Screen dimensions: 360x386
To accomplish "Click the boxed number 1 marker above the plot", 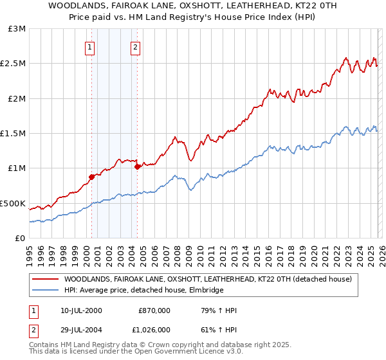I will coord(89,46).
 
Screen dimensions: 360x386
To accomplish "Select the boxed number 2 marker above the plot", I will coord(136,46).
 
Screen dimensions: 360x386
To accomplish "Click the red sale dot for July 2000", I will coord(91,177).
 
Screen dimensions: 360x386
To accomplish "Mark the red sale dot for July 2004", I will coord(137,166).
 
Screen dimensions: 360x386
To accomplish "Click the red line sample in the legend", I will coord(46,280).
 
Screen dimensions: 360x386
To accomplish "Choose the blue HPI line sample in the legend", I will coord(46,291).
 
